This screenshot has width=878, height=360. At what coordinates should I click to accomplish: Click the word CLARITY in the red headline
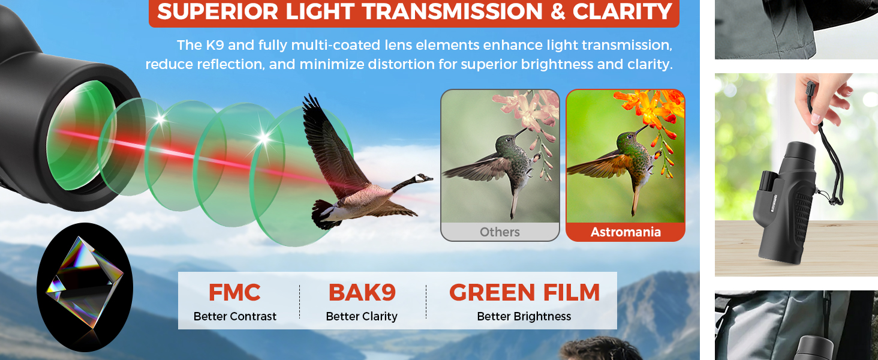point(623,11)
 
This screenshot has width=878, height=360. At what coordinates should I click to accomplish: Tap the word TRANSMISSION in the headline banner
point(452,11)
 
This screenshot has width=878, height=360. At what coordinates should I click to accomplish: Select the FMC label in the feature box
point(234,293)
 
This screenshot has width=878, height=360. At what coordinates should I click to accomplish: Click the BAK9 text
point(362,293)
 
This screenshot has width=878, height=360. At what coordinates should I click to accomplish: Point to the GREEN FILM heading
point(524,293)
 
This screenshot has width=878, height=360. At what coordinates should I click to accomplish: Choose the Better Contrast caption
point(234,316)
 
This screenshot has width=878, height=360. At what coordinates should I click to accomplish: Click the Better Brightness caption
point(524,316)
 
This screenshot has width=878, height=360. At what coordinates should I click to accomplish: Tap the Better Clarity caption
point(362,316)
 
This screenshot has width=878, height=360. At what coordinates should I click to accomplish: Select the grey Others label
point(500,232)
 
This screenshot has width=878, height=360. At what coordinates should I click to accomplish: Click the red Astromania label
point(626,232)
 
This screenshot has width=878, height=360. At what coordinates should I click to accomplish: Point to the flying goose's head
point(423,178)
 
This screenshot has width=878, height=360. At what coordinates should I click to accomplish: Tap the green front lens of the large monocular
point(80,135)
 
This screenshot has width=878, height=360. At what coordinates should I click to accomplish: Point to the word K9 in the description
point(215,45)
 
